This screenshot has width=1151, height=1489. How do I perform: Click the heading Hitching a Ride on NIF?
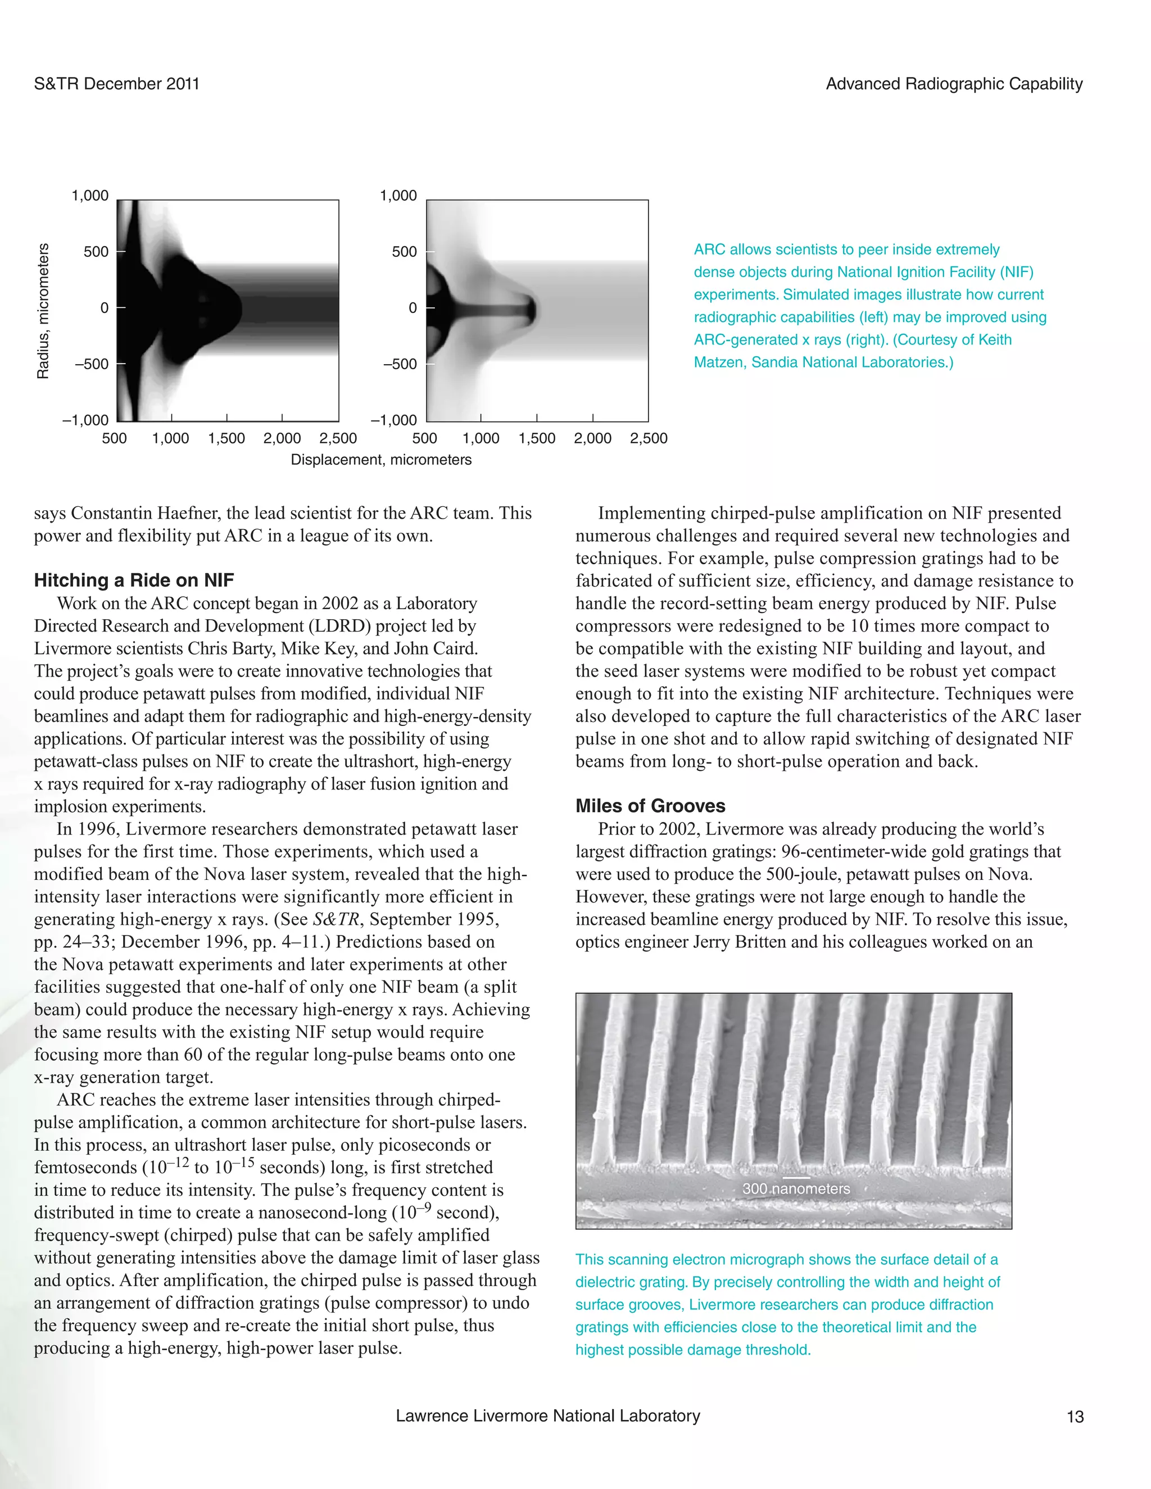(134, 580)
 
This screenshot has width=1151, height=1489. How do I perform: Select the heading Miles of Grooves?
(650, 806)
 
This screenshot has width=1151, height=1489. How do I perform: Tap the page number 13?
(1075, 1417)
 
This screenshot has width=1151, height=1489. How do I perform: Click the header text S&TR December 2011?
(116, 84)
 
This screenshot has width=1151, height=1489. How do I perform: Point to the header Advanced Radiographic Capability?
(954, 84)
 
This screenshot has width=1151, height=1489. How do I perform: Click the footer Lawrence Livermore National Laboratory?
(547, 1416)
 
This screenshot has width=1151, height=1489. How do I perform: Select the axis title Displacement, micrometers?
(381, 460)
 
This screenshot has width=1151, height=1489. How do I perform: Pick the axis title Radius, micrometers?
(43, 311)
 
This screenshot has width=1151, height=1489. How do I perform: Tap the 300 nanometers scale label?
(796, 1188)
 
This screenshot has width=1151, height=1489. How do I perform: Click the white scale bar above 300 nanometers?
(796, 1177)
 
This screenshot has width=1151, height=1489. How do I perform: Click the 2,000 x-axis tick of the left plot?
(282, 438)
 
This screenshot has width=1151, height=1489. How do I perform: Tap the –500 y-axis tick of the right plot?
(400, 364)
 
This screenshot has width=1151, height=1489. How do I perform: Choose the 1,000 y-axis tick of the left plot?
(90, 196)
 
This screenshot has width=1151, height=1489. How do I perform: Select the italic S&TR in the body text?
(336, 919)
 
